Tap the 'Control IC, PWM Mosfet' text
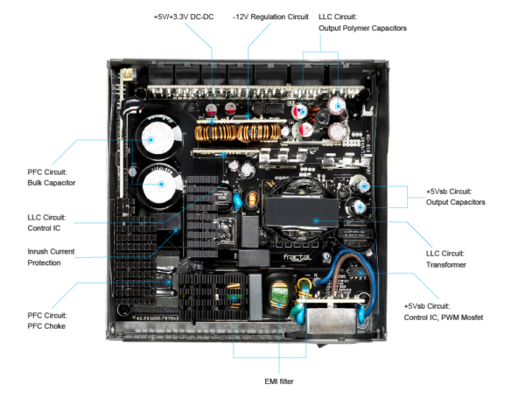444,317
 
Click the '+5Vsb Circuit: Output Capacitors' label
455,196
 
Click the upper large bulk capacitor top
155,137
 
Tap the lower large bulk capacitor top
159,186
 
